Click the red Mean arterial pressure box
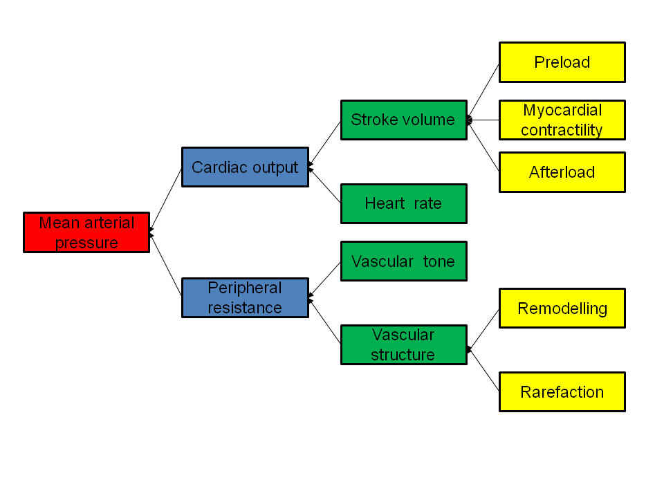tap(86, 232)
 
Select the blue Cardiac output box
tap(245, 167)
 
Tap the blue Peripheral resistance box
tap(245, 297)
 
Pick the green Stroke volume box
tap(403, 120)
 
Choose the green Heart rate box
tap(403, 203)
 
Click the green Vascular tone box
tap(403, 261)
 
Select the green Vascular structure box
tap(403, 344)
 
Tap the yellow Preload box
tap(562, 62)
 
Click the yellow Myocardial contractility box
tap(562, 120)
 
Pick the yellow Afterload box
tap(562, 172)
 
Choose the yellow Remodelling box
tap(562, 308)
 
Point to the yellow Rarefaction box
tap(562, 391)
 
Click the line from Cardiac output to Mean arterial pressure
tap(166, 199)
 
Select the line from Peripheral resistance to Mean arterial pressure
tap(166, 265)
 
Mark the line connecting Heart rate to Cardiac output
tap(325, 185)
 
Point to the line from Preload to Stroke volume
tap(484, 91)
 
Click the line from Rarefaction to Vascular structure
tap(484, 370)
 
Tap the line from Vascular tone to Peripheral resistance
tap(325, 279)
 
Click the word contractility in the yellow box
tap(562, 130)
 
